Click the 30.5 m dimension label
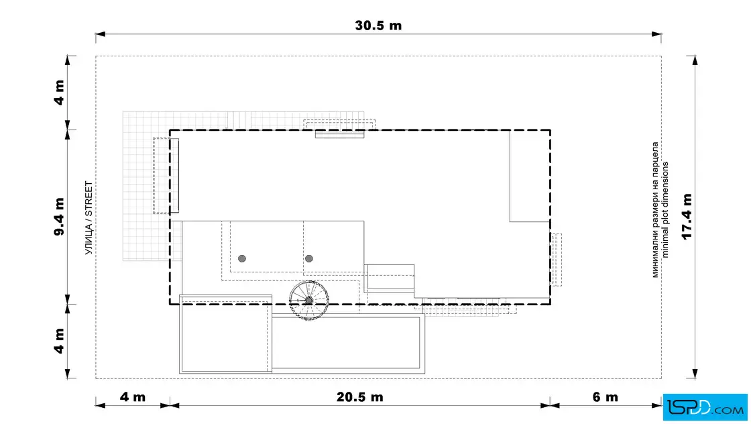[x=378, y=25]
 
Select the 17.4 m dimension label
[x=687, y=217]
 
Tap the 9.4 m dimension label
[x=59, y=217]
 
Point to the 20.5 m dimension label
[x=359, y=397]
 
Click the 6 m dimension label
[x=605, y=397]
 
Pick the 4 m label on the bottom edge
[x=133, y=397]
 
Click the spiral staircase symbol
[x=309, y=301]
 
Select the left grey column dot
[x=242, y=259]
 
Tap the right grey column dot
[x=309, y=259]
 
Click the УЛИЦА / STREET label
[x=89, y=217]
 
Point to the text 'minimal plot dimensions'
[x=665, y=210]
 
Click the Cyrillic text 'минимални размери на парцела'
[x=655, y=210]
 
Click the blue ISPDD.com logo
[x=705, y=407]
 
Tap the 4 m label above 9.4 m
[x=59, y=93]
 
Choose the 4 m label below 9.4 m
[x=59, y=341]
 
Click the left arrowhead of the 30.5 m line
[x=100, y=34]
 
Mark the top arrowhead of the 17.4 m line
[x=695, y=60]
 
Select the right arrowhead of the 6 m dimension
[x=656, y=406]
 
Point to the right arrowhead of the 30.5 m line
[x=656, y=34]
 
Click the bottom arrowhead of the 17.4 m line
[x=695, y=374]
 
